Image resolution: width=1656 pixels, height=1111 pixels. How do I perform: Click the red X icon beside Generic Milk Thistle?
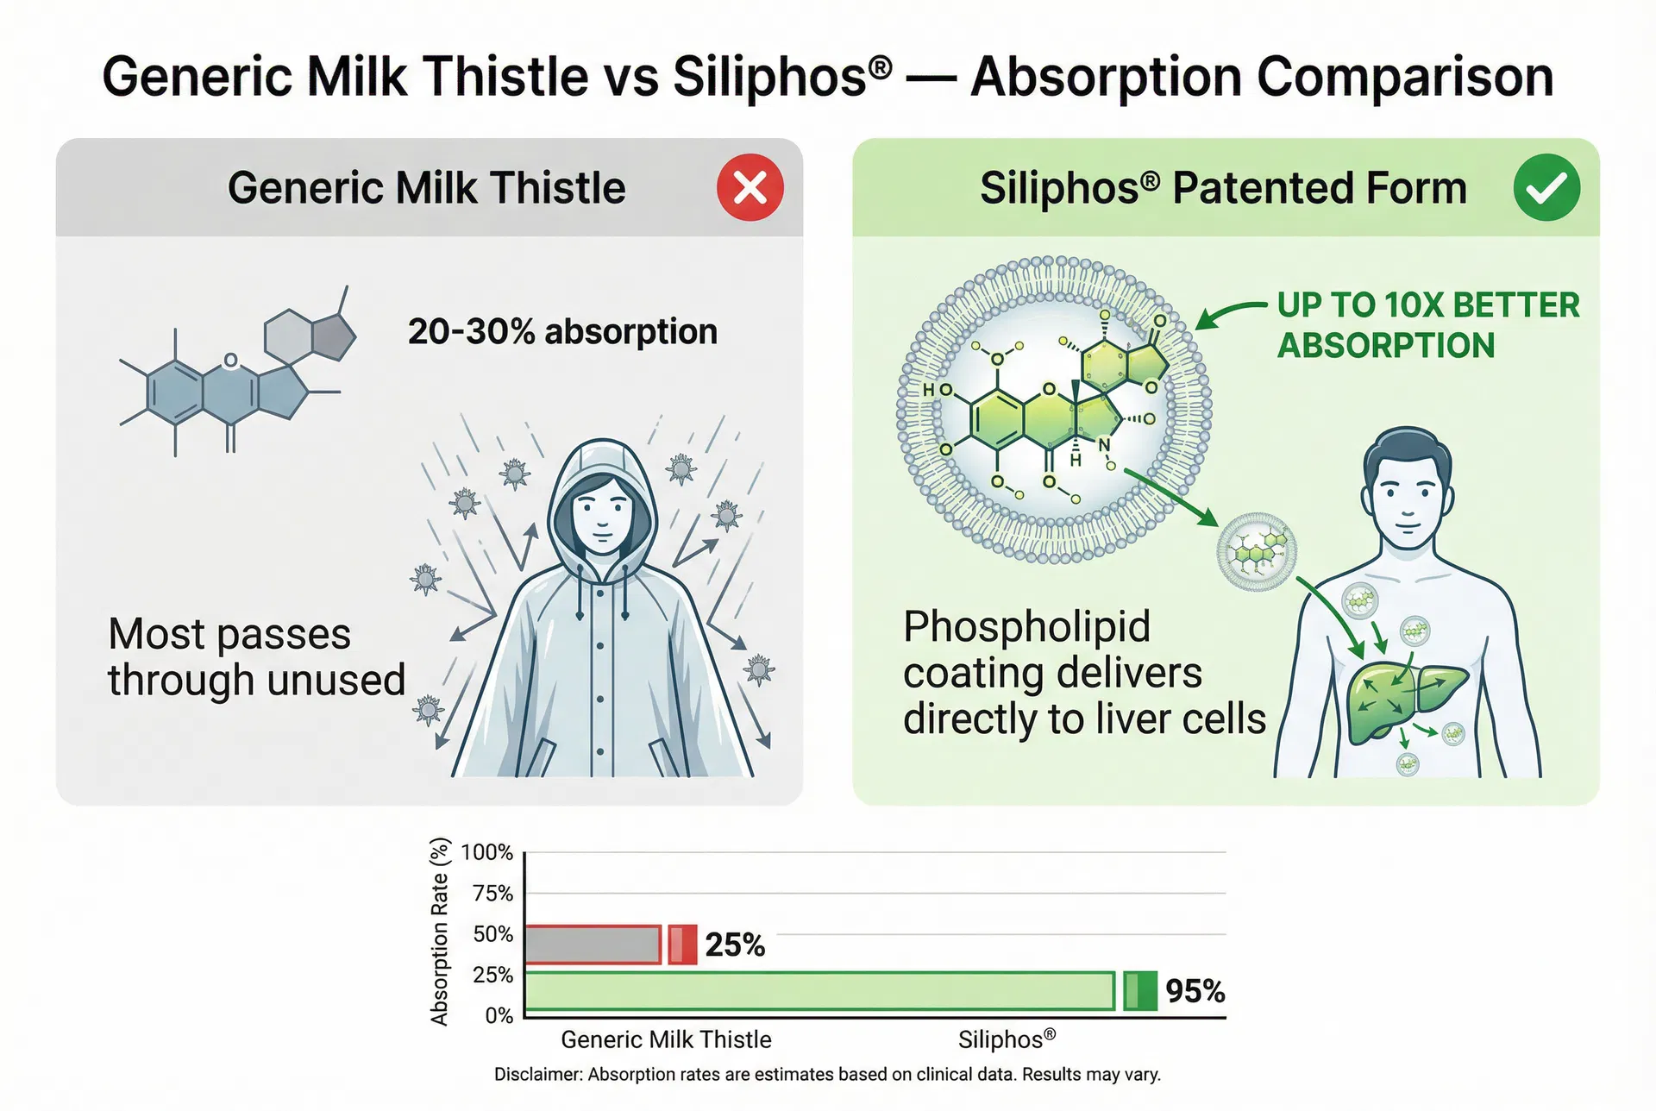pos(750,187)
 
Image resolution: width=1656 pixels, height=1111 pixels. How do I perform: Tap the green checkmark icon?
pos(1546,187)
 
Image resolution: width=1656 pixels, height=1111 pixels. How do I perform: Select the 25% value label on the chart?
pos(734,945)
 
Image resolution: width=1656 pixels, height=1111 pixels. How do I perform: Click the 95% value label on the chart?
pos(1195,991)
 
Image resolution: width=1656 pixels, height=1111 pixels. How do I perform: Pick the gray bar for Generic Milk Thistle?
pos(593,945)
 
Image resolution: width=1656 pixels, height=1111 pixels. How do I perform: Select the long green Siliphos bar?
pos(819,991)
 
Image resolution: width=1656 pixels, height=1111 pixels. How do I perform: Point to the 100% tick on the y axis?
pos(487,852)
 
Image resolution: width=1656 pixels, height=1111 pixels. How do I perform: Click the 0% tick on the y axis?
pos(499,1015)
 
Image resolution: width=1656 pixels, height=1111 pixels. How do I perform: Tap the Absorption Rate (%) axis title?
pos(440,932)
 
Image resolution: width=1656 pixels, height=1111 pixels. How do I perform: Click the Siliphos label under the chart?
pos(1006,1039)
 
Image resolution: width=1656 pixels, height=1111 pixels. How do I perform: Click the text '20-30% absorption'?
pos(562,331)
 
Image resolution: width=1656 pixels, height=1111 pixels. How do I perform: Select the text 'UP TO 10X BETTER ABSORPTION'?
pos(1427,325)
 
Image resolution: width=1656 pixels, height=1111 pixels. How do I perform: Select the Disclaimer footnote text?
pos(827,1075)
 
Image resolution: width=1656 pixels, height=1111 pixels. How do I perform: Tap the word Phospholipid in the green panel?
pos(1026,626)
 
